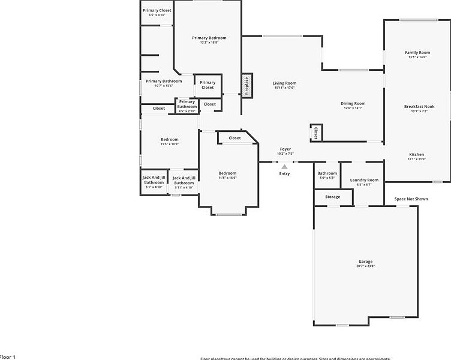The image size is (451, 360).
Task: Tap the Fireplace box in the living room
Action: [246, 86]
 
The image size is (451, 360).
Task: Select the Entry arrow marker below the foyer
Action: [284, 167]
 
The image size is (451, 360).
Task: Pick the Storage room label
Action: [332, 197]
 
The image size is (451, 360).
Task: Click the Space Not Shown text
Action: [411, 199]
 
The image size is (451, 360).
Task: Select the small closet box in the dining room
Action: [314, 133]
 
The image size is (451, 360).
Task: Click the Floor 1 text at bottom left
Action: [7, 357]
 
